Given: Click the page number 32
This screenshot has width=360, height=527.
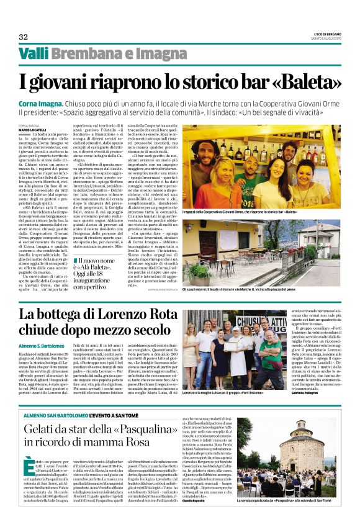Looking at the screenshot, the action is (23, 36).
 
